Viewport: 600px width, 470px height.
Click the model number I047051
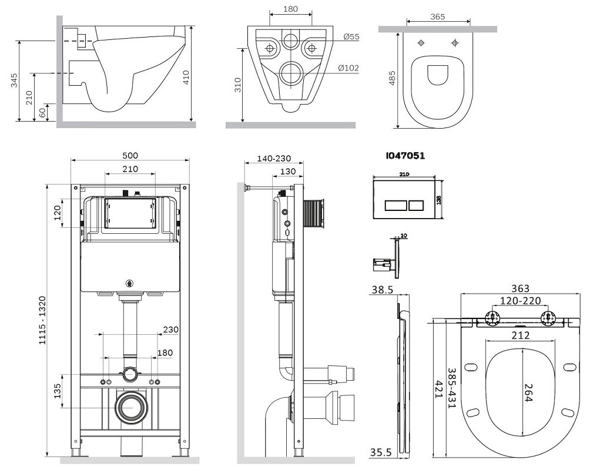pos(405,156)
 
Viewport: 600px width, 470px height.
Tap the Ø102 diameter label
pos(348,68)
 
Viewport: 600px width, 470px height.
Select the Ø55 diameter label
pos(351,37)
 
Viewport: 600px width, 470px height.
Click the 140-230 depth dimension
pos(273,159)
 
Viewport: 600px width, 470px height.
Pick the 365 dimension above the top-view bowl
pos(437,17)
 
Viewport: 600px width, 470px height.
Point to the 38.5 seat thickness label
pos(383,290)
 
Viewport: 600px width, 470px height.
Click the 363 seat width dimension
pos(520,288)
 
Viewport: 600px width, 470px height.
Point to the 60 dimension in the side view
pos(42,112)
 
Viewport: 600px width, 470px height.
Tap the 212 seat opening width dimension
pos(520,335)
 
